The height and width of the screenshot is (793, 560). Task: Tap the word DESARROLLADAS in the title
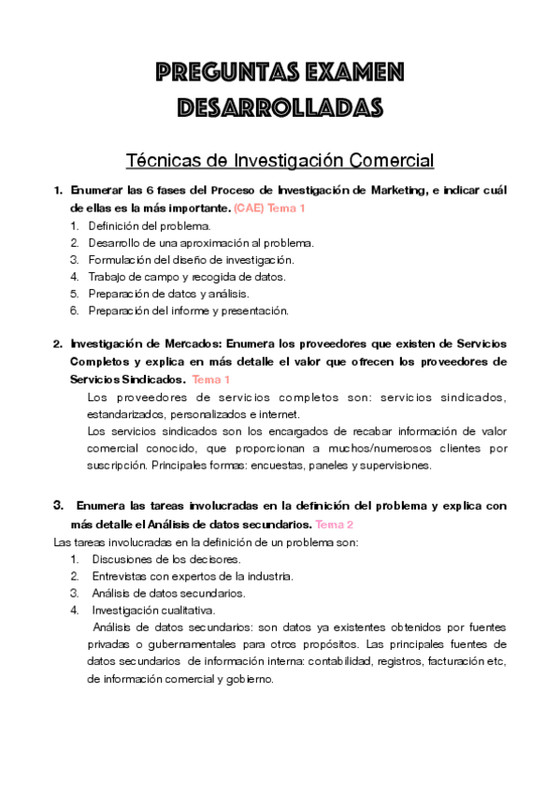280,107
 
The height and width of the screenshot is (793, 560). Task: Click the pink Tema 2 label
334,524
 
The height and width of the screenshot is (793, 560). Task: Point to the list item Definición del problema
150,225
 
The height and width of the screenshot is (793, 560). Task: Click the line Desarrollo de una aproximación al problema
201,242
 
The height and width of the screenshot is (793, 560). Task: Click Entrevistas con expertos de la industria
193,576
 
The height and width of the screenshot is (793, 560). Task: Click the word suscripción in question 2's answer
116,465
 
